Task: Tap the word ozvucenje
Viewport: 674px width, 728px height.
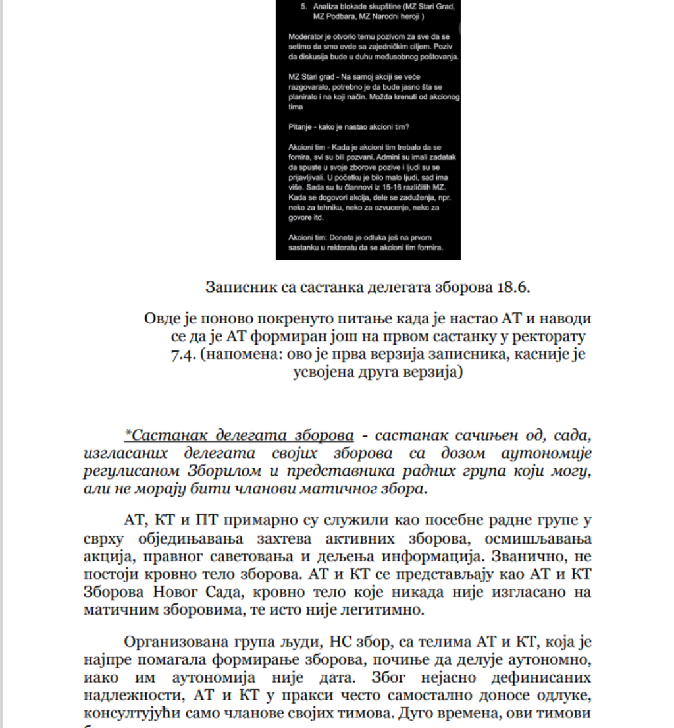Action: [392, 207]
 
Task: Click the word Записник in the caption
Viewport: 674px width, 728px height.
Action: [234, 287]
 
